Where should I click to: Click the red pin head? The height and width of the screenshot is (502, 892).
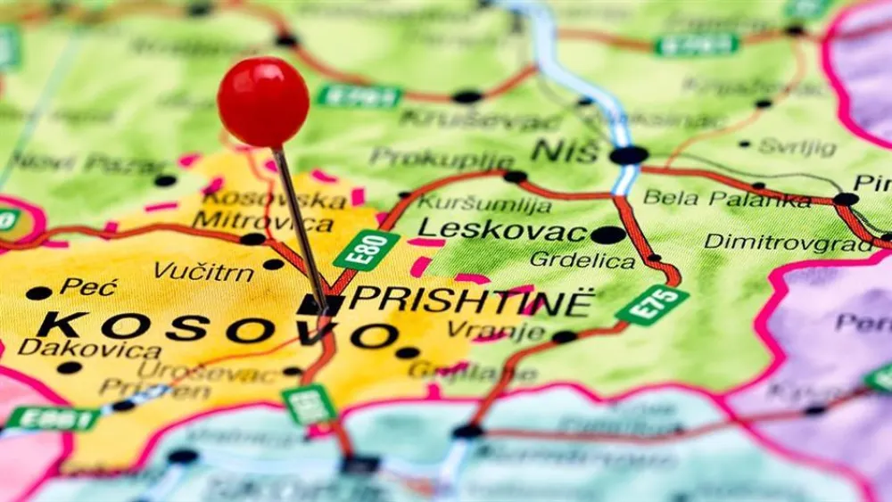tap(263, 102)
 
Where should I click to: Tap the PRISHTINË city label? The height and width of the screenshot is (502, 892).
tap(470, 300)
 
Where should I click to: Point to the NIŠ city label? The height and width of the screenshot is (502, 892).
tap(565, 151)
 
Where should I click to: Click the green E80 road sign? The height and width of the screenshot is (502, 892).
tap(366, 250)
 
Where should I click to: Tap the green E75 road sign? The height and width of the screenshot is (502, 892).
tap(652, 305)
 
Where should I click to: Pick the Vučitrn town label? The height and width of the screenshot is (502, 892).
tap(203, 270)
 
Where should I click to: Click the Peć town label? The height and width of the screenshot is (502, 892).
tap(88, 286)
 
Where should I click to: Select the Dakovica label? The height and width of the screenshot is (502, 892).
tap(89, 348)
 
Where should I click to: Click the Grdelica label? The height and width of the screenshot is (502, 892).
tap(582, 260)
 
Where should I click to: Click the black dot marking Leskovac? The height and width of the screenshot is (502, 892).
tap(607, 235)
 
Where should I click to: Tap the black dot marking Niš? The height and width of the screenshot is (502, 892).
tap(629, 155)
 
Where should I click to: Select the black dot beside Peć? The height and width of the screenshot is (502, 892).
tap(38, 292)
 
